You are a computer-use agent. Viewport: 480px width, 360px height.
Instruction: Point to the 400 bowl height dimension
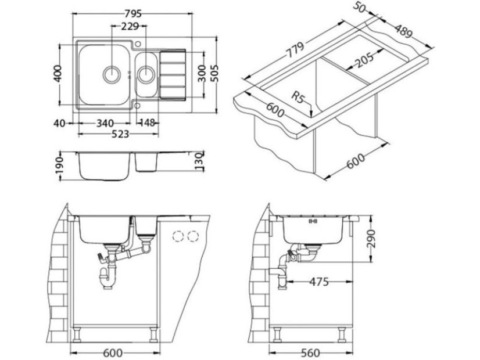[57, 74]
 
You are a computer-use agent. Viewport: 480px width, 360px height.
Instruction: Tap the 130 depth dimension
[198, 159]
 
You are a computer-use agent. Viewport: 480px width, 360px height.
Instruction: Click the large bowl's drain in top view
[110, 74]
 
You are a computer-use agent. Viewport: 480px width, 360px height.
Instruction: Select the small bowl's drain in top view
[146, 74]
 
